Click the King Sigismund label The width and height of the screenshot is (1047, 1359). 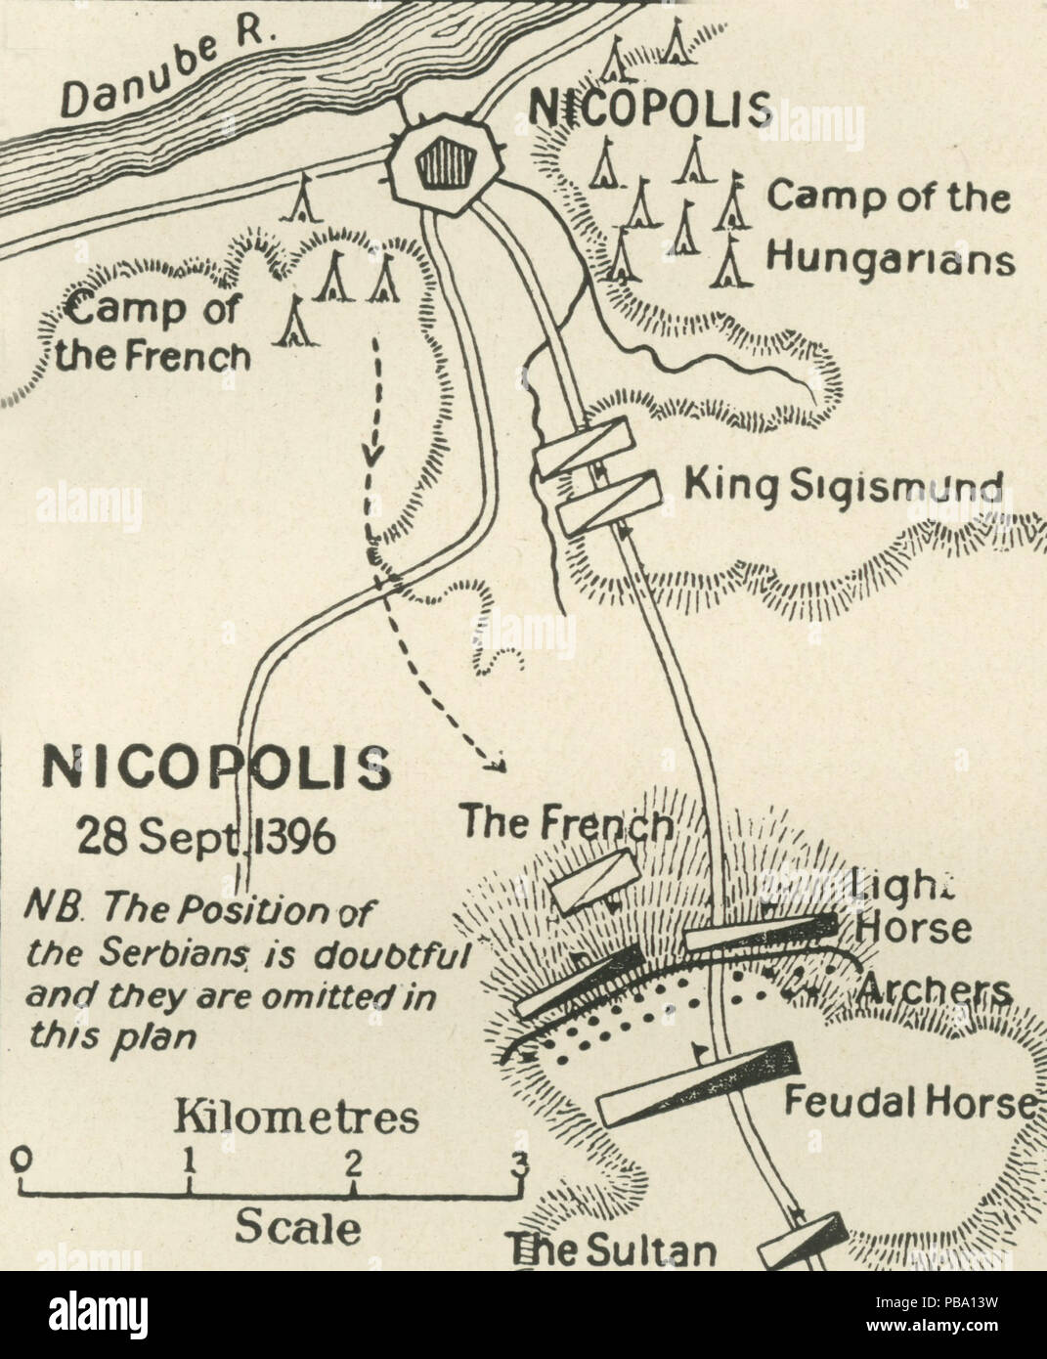[x=843, y=486]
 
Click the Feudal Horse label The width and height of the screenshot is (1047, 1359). [x=909, y=1102]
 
